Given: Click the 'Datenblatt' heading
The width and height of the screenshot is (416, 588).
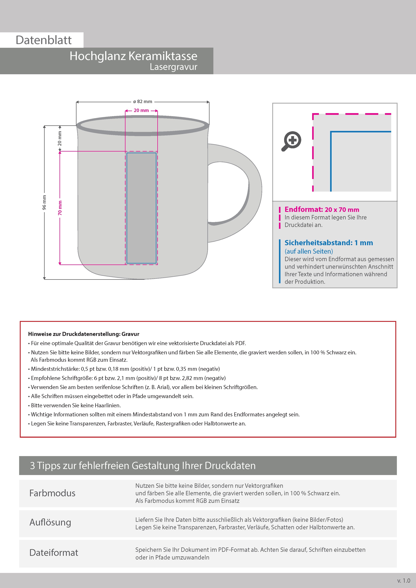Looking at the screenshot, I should tap(44, 40).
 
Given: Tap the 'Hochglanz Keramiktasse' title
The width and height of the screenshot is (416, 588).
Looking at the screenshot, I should tap(133, 56).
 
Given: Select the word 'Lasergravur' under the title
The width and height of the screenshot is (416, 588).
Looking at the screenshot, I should tap(173, 67).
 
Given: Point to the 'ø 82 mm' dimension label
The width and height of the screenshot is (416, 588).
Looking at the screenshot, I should tap(143, 102).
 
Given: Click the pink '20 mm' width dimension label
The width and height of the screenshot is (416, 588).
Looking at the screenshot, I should tap(141, 110).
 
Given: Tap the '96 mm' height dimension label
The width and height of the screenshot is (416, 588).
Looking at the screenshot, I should tap(44, 202).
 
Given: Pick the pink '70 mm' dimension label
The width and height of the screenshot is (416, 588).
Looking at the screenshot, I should tap(60, 208).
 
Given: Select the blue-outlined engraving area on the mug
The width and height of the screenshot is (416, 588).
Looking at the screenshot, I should tap(141, 208).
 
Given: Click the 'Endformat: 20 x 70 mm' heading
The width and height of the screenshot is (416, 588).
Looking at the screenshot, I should tap(322, 210).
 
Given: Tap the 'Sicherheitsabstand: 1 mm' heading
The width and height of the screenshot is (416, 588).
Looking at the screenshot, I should tap(329, 243).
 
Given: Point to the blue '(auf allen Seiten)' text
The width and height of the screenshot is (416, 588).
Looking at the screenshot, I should tap(309, 251).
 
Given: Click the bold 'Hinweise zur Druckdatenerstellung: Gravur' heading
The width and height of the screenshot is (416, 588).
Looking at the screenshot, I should tap(84, 334).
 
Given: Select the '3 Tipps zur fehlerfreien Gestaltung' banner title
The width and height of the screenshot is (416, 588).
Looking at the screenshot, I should tap(143, 466).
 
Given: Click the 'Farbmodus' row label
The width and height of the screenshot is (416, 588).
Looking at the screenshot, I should tap(52, 493).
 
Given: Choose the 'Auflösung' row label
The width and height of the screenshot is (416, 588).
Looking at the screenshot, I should tap(50, 522).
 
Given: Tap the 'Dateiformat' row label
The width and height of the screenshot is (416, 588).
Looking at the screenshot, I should tap(54, 552).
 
